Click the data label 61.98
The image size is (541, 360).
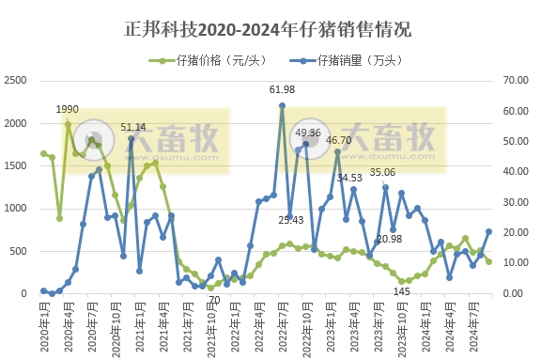(x=282, y=90)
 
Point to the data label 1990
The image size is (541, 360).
(x=67, y=110)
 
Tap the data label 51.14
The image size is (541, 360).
(x=133, y=127)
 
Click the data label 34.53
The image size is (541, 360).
(x=349, y=177)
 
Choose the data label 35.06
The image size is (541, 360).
(x=382, y=173)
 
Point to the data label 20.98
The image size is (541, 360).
(x=389, y=239)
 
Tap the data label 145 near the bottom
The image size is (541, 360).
(x=401, y=291)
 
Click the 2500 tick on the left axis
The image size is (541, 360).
(x=17, y=81)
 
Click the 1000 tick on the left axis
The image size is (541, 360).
(x=17, y=209)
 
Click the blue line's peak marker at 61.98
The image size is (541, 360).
(x=282, y=106)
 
